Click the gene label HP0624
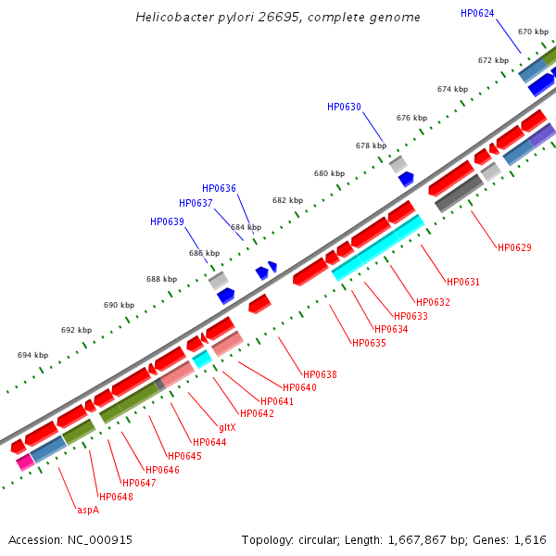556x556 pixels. [477, 13]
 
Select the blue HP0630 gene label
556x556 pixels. [344, 107]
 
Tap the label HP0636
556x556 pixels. [219, 188]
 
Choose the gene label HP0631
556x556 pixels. [462, 282]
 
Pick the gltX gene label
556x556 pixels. [227, 427]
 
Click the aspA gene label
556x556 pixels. [88, 509]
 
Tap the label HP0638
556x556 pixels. [320, 374]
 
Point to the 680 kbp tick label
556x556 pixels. [329, 173]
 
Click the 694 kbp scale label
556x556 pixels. [32, 355]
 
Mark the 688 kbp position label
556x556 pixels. [161, 279]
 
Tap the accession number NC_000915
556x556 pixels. [70, 539]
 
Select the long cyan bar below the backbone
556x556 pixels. [377, 248]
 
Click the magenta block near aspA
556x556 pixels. [25, 461]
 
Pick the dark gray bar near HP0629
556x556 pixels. [458, 193]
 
